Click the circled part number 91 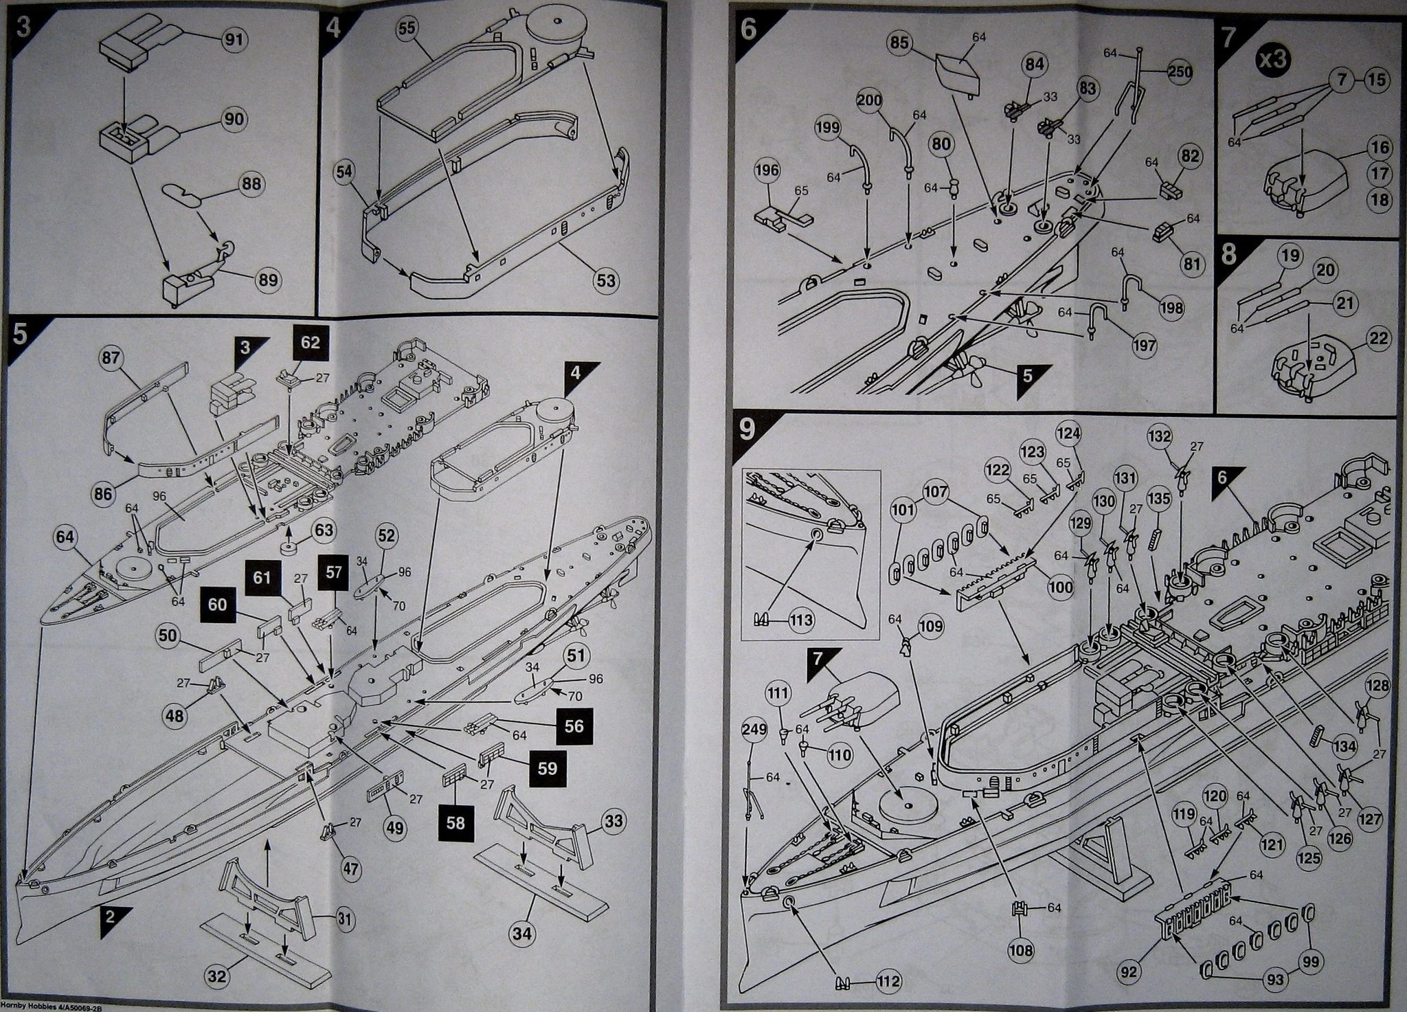pyautogui.click(x=234, y=39)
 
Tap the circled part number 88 pyautogui.click(x=252, y=185)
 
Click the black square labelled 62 pyautogui.click(x=311, y=342)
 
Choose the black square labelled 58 pyautogui.click(x=455, y=821)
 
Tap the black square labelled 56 pyautogui.click(x=574, y=727)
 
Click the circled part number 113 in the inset pyautogui.click(x=801, y=620)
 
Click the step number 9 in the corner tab pyautogui.click(x=746, y=429)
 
